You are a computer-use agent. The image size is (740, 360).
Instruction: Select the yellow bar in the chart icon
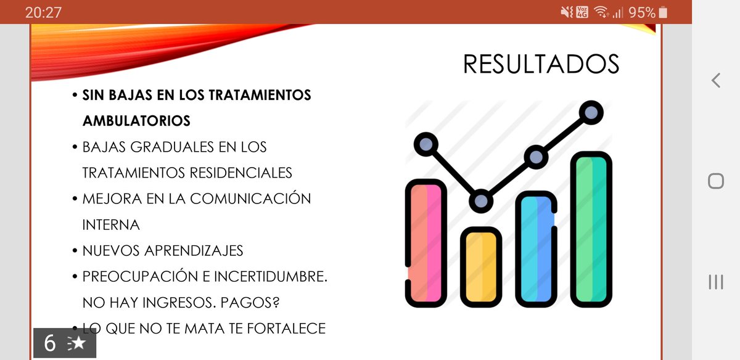481,266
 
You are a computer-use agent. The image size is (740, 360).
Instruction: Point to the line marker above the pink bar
425,145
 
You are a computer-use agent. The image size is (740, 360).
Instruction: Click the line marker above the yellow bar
481,201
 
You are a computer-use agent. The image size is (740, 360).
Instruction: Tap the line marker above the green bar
591,112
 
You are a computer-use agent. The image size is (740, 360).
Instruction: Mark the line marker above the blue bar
536,157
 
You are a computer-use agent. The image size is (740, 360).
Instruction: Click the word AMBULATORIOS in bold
136,121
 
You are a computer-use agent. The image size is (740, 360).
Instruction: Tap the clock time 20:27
43,12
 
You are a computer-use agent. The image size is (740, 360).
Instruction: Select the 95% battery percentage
641,12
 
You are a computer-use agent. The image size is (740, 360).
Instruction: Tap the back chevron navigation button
715,80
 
